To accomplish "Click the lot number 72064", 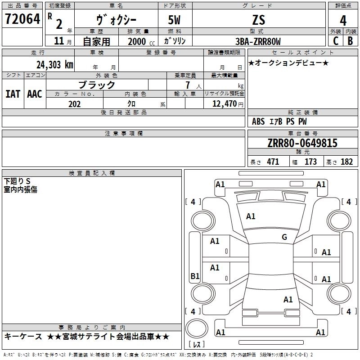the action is (x=22, y=20).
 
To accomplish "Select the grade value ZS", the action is (x=258, y=20).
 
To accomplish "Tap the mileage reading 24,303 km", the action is (x=55, y=64).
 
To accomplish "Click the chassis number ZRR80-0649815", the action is (x=302, y=143).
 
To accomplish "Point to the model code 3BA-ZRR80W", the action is (x=258, y=41).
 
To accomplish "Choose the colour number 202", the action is (x=74, y=104).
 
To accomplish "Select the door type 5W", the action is (x=175, y=20).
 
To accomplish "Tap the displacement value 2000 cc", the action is (x=139, y=41).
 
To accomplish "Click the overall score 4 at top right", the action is (x=343, y=20).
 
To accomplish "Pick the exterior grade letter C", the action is (x=335, y=41).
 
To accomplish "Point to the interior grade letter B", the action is (x=350, y=41).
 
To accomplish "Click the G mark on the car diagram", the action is (x=284, y=237).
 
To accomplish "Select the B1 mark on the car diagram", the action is (x=195, y=276).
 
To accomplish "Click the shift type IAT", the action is (x=13, y=94).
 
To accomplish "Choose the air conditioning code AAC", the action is (x=34, y=94).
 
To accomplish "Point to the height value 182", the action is (x=346, y=162).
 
